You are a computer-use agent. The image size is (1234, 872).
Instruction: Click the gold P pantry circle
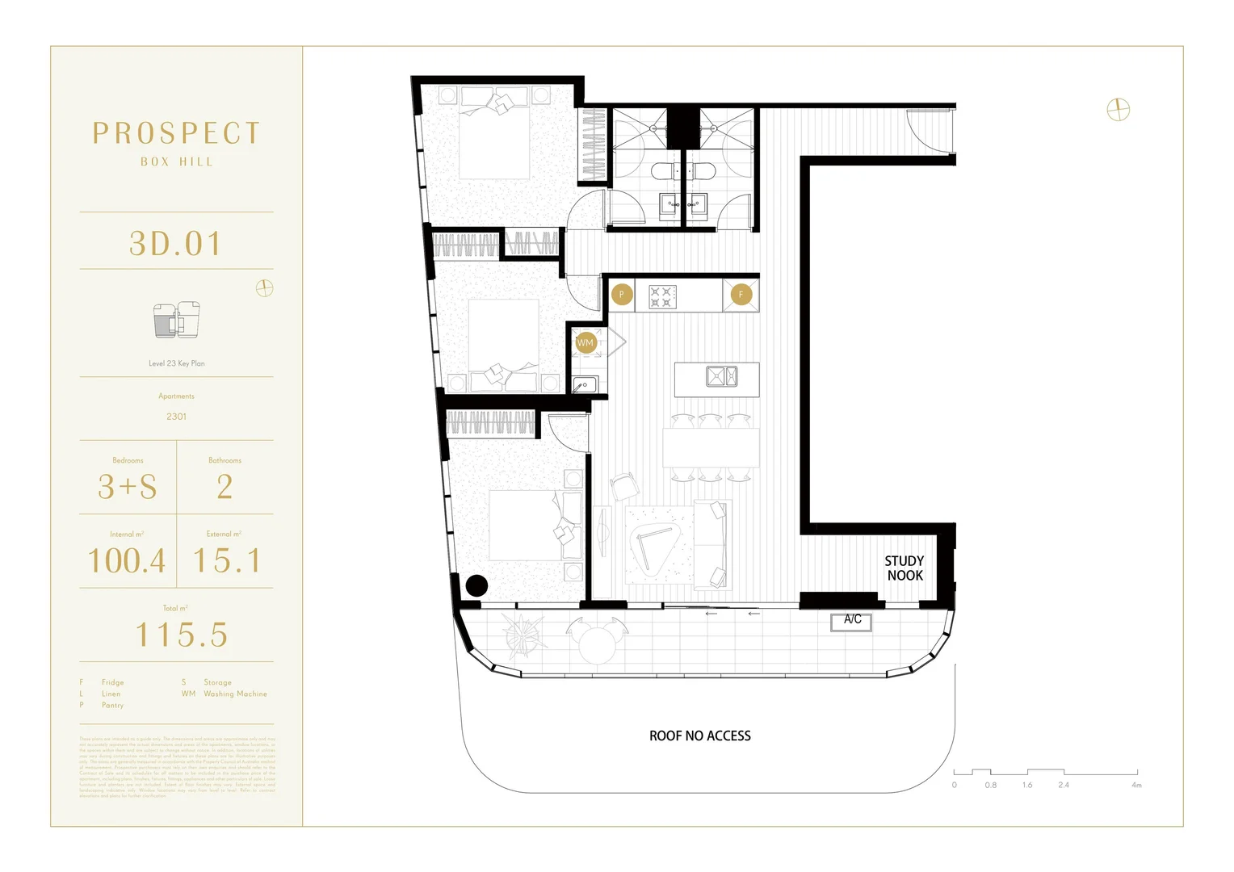click(x=621, y=295)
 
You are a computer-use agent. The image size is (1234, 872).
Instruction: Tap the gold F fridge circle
click(x=741, y=295)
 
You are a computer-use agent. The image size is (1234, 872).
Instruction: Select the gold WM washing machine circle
click(x=586, y=343)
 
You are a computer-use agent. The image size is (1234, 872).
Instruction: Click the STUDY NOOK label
click(x=905, y=568)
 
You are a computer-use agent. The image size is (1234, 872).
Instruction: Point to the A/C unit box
click(x=852, y=621)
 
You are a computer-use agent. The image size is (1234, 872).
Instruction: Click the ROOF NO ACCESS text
click(x=700, y=736)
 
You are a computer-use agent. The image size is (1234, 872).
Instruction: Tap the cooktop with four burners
click(x=661, y=296)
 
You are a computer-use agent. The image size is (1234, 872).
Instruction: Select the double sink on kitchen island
click(x=721, y=377)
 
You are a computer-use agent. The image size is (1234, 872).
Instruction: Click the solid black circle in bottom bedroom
click(x=476, y=585)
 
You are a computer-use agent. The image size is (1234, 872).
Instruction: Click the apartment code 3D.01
click(x=176, y=244)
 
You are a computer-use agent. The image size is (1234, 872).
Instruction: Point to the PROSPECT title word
click(x=176, y=133)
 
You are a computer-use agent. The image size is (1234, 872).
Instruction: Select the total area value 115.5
click(x=181, y=635)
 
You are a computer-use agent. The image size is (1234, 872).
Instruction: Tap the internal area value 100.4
click(x=127, y=560)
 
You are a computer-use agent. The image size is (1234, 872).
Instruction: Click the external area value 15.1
click(x=227, y=560)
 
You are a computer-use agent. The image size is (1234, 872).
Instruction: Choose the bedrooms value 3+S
click(x=128, y=487)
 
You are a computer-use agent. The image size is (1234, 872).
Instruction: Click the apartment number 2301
click(x=176, y=417)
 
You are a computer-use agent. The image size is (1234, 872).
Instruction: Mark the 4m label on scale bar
click(x=1136, y=785)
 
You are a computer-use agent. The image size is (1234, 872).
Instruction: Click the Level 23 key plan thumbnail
click(x=177, y=321)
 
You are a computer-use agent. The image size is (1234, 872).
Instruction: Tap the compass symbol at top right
click(x=1118, y=110)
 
